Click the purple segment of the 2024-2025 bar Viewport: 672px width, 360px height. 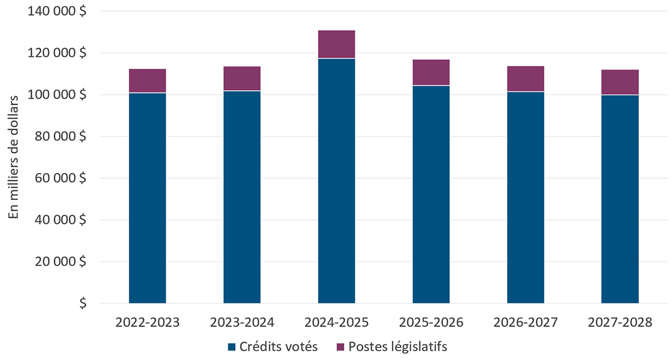pos(337,44)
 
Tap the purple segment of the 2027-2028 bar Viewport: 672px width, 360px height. pos(620,82)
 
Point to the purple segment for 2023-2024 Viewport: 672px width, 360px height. pos(242,78)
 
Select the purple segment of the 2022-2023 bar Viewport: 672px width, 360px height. pos(147,81)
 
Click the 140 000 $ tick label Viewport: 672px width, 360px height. pos(58,11)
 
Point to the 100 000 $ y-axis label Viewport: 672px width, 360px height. pos(58,95)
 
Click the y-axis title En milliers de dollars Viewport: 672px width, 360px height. pos(15,157)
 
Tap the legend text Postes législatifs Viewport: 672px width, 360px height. pos(398,347)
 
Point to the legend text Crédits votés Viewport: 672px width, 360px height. pos(279,347)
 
